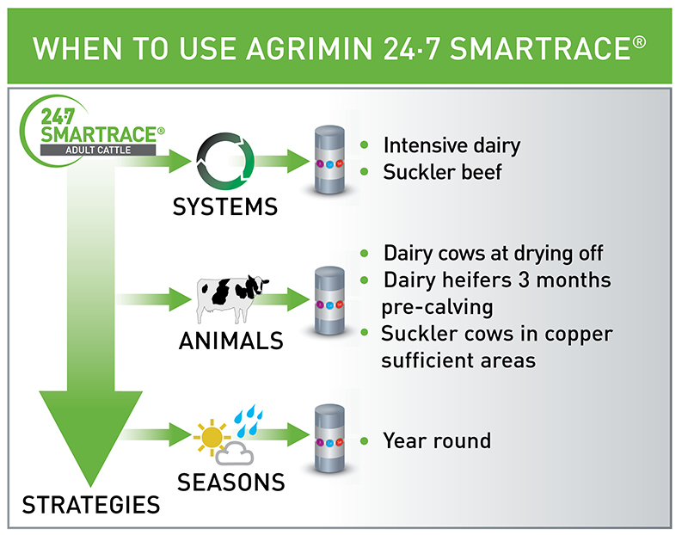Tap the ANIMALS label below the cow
[230, 341]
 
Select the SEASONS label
[230, 482]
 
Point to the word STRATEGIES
[91, 504]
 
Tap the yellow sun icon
[211, 436]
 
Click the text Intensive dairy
[451, 145]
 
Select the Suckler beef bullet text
[442, 171]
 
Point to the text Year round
[437, 440]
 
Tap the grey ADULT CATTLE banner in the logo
[102, 150]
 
